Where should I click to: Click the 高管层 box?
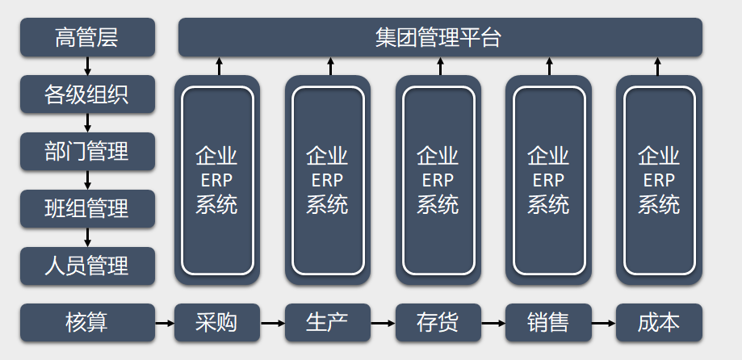[87, 38]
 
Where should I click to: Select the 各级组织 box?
[87, 95]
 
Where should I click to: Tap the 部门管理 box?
[87, 152]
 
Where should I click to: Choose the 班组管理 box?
[87, 209]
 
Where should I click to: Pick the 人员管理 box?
[87, 266]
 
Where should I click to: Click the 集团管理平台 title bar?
[439, 38]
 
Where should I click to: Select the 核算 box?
[87, 323]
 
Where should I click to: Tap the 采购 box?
[216, 323]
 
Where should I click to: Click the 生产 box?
[327, 323]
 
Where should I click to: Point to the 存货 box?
[438, 323]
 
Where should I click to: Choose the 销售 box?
[548, 323]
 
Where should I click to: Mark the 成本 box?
[659, 323]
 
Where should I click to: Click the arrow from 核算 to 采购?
[164, 323]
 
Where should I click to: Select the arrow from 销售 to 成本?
[603, 323]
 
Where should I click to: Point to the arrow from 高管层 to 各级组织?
[87, 66]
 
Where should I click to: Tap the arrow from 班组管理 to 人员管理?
[87, 237]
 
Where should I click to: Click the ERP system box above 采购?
[216, 180]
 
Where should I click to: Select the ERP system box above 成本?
[659, 180]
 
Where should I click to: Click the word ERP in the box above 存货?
[438, 180]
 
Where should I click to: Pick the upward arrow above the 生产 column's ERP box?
[329, 66]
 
